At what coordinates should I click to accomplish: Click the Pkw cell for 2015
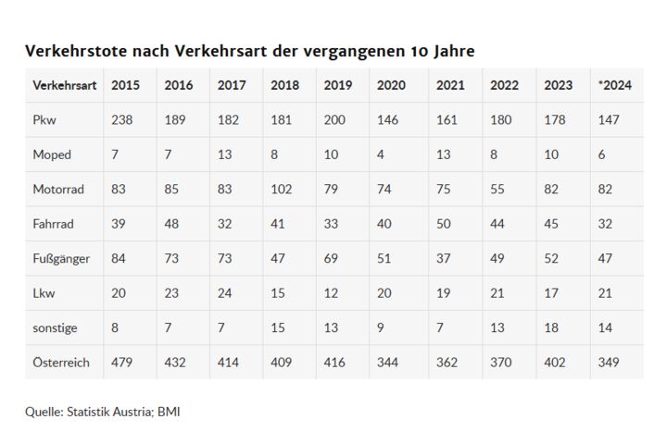click(x=121, y=120)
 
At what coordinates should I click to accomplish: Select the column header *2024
click(x=614, y=85)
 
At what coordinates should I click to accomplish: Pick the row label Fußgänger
click(x=61, y=259)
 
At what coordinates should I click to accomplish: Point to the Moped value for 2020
click(x=382, y=154)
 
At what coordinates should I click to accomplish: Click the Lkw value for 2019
click(x=332, y=293)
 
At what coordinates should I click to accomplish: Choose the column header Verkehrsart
click(x=64, y=85)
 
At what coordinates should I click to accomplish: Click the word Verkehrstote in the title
click(x=74, y=50)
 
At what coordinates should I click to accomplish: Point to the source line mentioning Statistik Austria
click(x=102, y=411)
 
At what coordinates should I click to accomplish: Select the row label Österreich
click(x=61, y=363)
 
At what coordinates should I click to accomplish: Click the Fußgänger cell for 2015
click(x=120, y=259)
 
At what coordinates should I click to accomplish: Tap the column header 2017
click(x=232, y=85)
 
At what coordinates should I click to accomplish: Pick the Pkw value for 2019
click(x=335, y=120)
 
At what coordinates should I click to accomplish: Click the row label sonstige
click(x=55, y=327)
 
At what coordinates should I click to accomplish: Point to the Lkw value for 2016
click(x=172, y=293)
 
